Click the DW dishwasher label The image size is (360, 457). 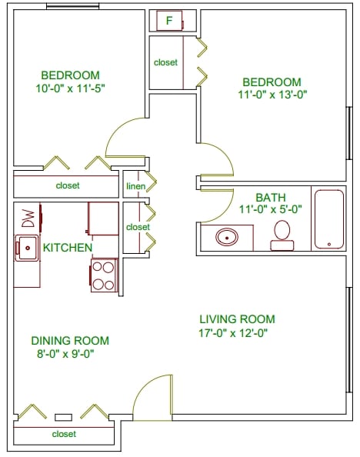point(28,219)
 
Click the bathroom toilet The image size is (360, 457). point(282,235)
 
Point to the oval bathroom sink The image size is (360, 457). point(227,236)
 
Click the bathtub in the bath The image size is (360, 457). point(329,218)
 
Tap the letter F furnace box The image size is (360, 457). point(169,21)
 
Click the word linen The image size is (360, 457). point(135,185)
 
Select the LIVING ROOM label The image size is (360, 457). point(237,319)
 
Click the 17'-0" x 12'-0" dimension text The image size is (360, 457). point(236,333)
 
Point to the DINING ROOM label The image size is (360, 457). point(70,341)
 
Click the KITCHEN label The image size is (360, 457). point(68,247)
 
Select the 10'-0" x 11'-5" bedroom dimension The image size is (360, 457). point(70,88)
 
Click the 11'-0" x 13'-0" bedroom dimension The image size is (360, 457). point(272,95)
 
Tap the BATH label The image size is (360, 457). point(271,197)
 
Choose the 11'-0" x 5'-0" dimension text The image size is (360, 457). point(271,208)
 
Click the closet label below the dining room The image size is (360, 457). point(64,434)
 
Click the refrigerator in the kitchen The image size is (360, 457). point(103,218)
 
